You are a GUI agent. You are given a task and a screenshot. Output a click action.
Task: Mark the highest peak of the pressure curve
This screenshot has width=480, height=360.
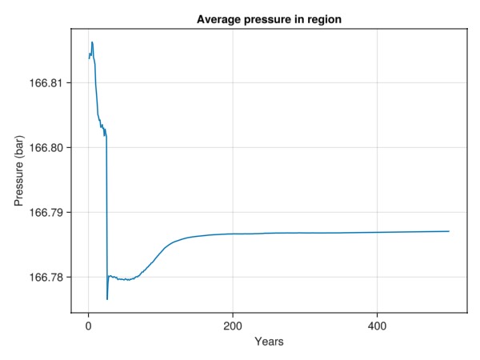coord(92,42)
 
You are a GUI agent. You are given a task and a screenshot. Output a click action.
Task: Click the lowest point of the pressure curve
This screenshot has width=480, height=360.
coord(106,299)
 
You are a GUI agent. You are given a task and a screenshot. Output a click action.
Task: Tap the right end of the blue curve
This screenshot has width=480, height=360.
coord(449,231)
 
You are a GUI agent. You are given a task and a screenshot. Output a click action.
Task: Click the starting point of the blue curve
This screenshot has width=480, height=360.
coord(89,58)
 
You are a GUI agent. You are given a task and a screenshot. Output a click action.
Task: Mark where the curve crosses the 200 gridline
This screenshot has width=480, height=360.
coord(232,234)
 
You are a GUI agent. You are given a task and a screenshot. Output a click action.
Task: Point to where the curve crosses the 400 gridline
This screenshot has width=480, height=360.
coord(377,232)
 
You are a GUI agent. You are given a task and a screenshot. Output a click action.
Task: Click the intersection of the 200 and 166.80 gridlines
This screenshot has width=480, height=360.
coord(232,148)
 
